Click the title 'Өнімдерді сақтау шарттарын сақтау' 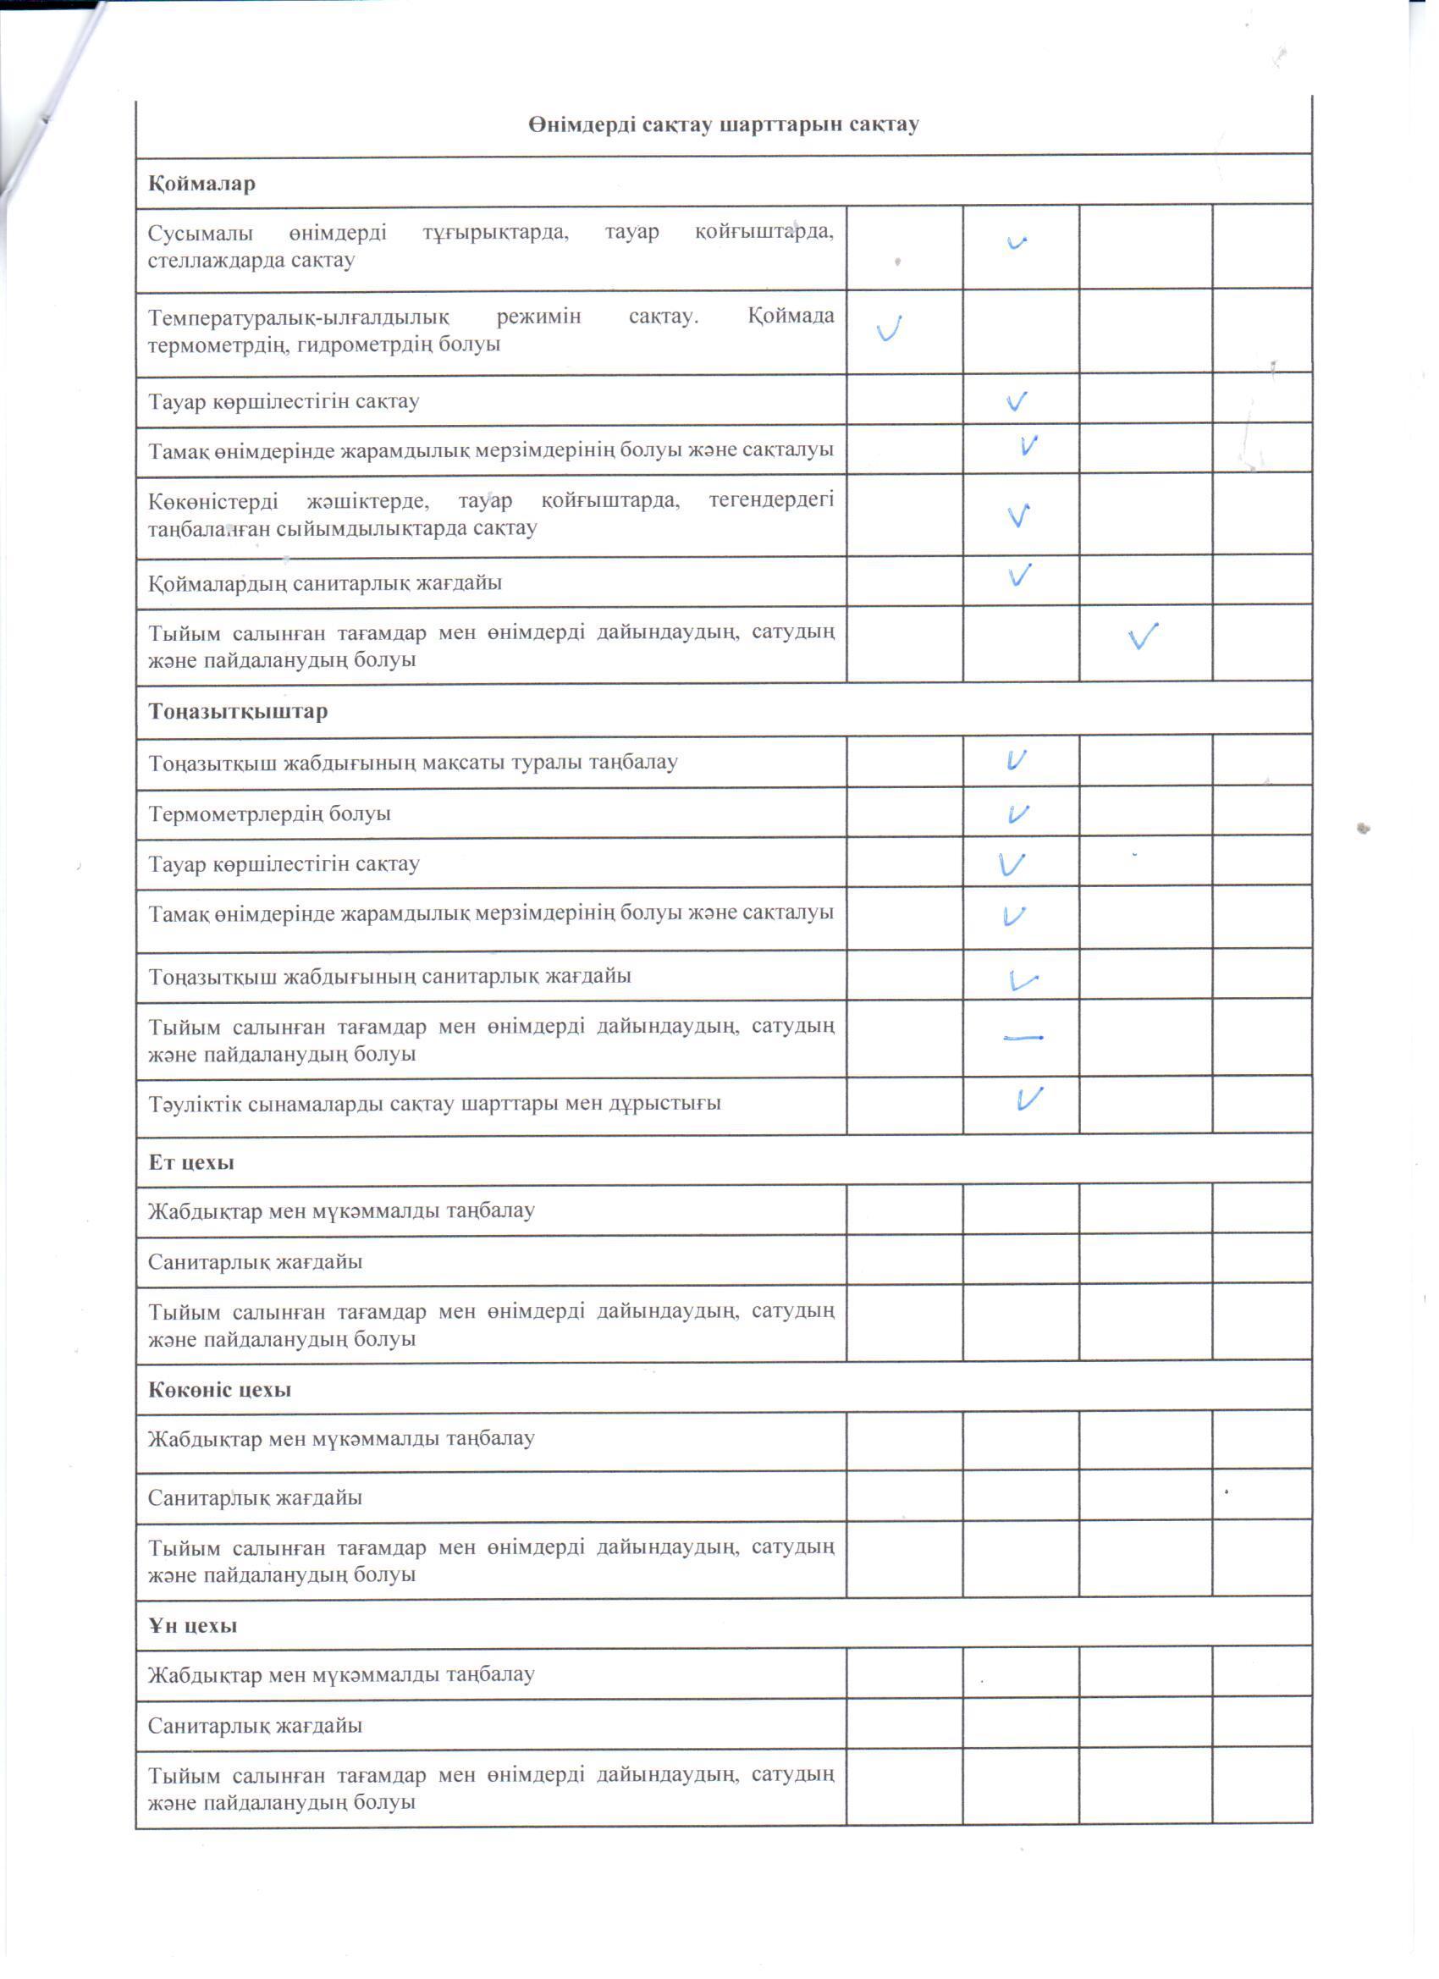[x=723, y=124]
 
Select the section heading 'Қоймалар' [x=201, y=185]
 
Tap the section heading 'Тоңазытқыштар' [x=238, y=711]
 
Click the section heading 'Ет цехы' [x=191, y=1162]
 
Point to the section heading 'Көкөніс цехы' [x=219, y=1390]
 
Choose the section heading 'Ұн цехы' [x=192, y=1625]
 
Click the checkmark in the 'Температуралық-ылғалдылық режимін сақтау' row [x=890, y=328]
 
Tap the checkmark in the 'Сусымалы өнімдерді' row [x=1017, y=243]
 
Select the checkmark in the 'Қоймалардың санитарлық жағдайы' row [x=1019, y=575]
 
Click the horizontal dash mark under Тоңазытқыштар [x=1023, y=1038]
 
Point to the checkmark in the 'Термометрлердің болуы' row [x=1017, y=814]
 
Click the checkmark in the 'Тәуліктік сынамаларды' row [x=1029, y=1099]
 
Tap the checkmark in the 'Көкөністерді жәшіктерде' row [x=1018, y=515]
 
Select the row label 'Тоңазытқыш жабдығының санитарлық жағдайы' [x=389, y=976]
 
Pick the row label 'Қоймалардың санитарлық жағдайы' [x=325, y=583]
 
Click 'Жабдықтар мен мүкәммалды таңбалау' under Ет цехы [x=341, y=1211]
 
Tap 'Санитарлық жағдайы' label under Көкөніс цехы [x=255, y=1498]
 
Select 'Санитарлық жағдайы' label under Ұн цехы [x=255, y=1726]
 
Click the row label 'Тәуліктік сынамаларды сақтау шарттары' [x=433, y=1104]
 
